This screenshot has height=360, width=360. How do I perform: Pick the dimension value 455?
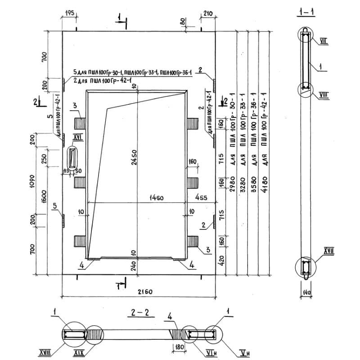pyautogui.click(x=201, y=197)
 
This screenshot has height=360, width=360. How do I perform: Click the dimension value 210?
pyautogui.click(x=207, y=13)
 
